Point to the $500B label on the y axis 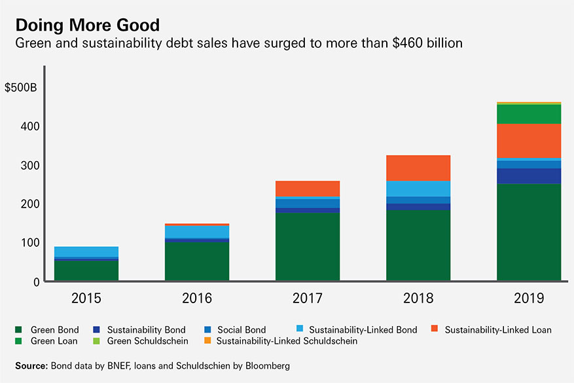pyautogui.click(x=21, y=87)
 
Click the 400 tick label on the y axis pyautogui.click(x=27, y=126)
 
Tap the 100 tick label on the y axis pyautogui.click(x=27, y=243)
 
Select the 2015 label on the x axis pyautogui.click(x=86, y=299)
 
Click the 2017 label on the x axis pyautogui.click(x=308, y=299)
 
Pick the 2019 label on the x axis pyautogui.click(x=529, y=299)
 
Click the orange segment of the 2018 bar pyautogui.click(x=418, y=168)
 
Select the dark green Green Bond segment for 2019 pyautogui.click(x=529, y=232)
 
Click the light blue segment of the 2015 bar pyautogui.click(x=86, y=251)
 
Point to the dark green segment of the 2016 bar pyautogui.click(x=197, y=262)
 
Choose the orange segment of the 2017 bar pyautogui.click(x=308, y=188)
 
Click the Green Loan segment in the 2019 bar pyautogui.click(x=529, y=114)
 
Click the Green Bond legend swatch pyautogui.click(x=19, y=329)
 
